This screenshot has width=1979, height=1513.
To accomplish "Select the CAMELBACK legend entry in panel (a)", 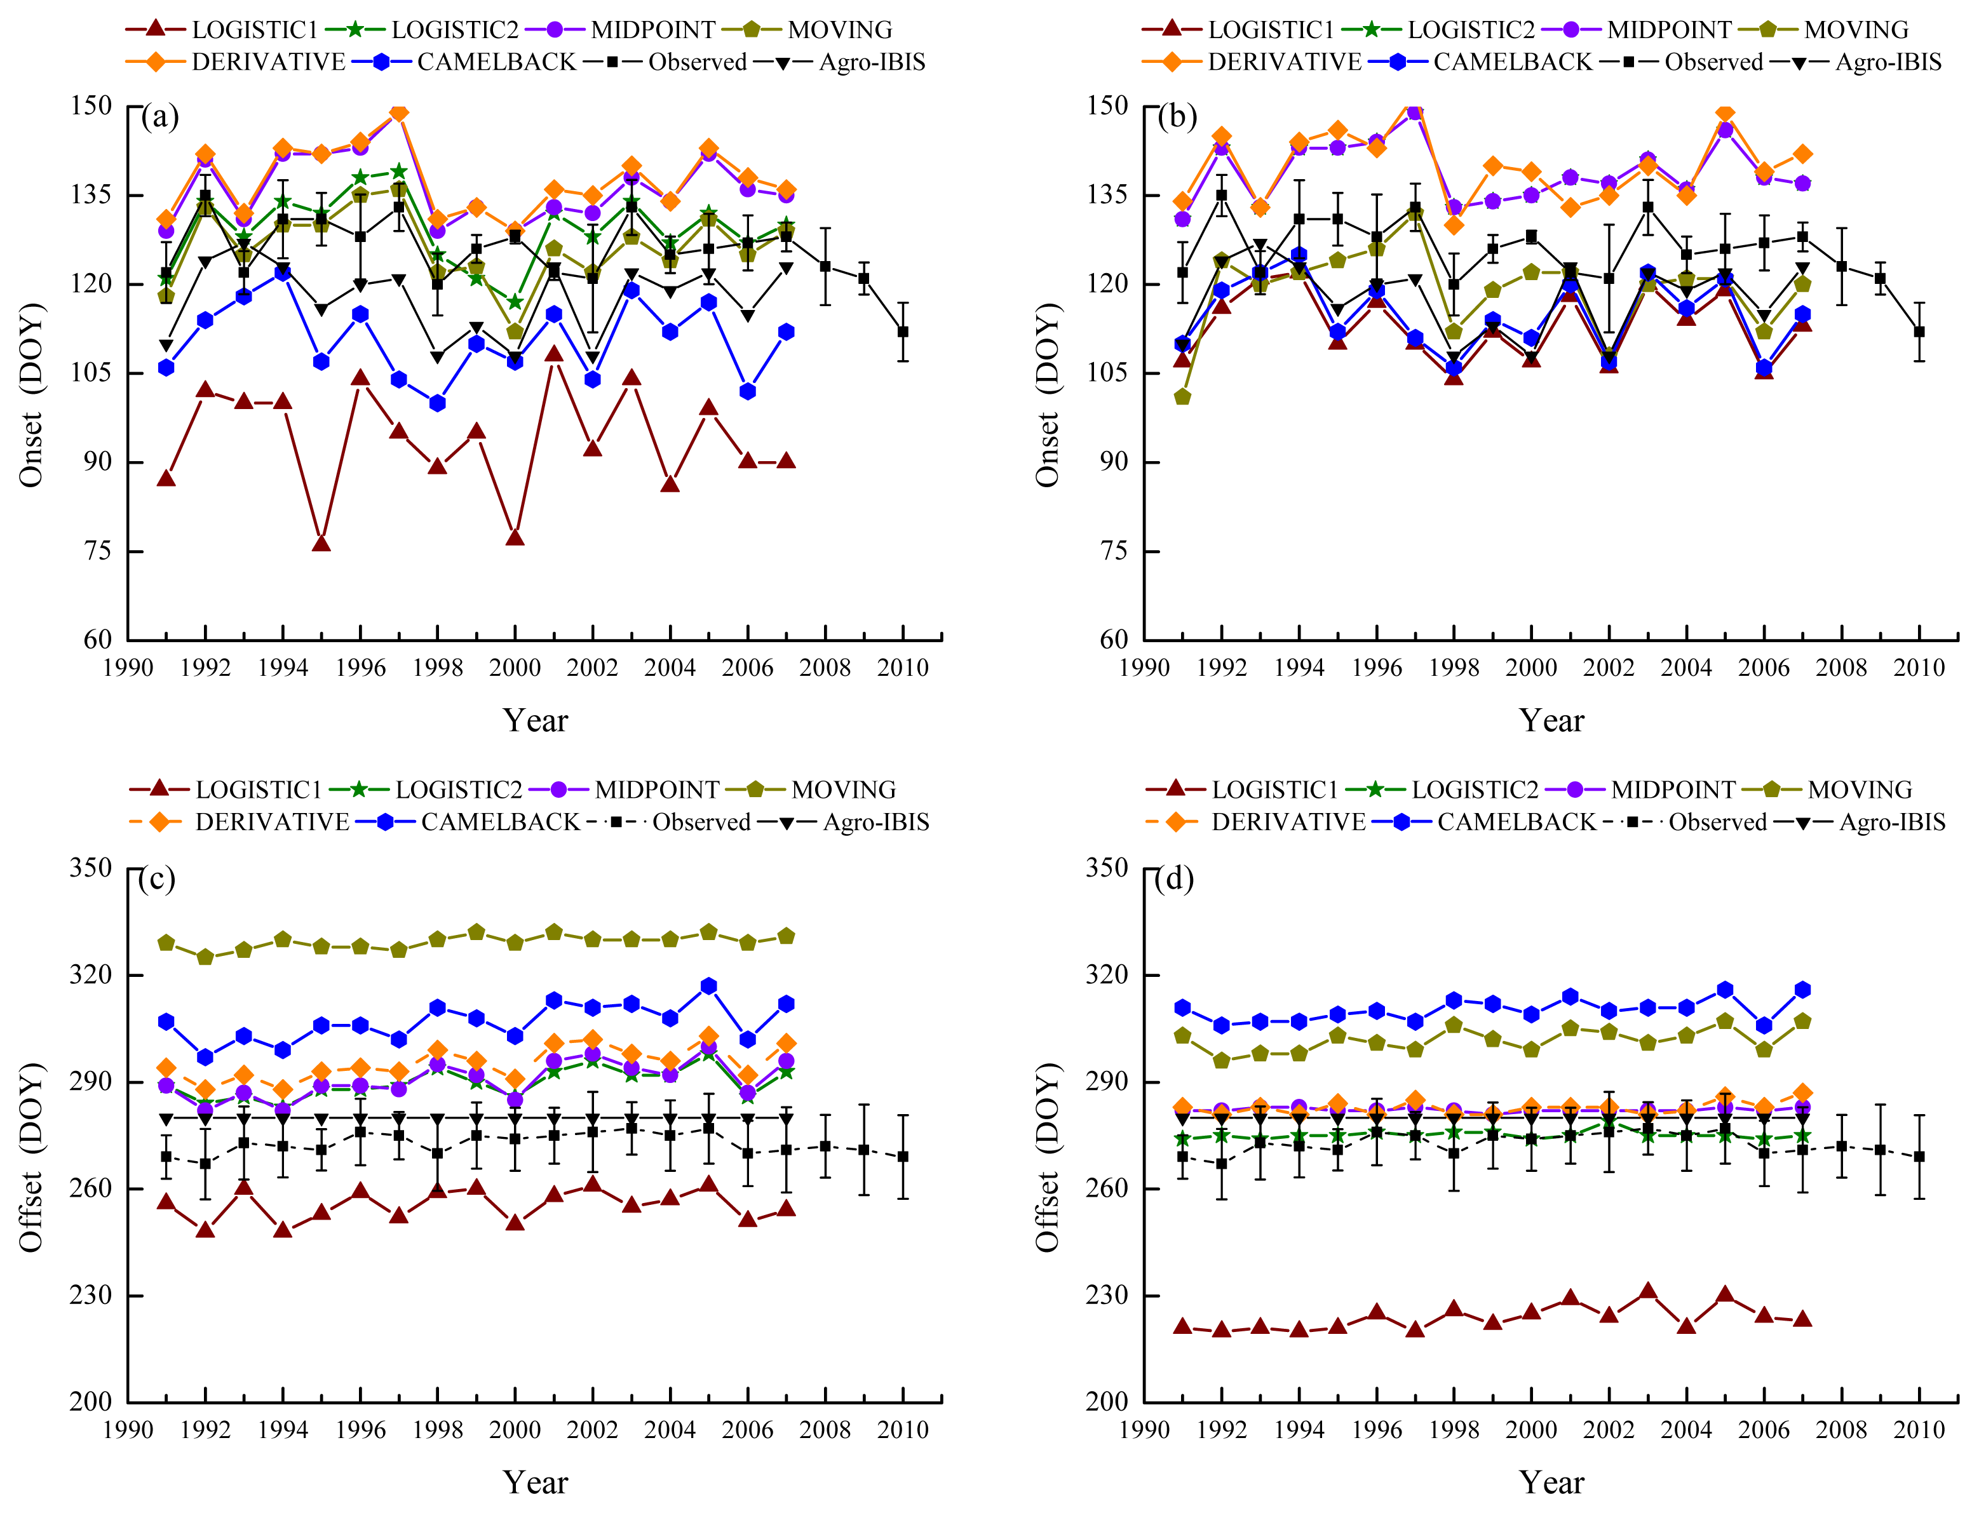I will point(496,62).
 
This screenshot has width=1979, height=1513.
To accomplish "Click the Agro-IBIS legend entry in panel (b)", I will point(1888,62).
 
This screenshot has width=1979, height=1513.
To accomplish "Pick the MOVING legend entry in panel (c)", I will point(843,790).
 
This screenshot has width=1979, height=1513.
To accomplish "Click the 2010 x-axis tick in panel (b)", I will point(1919,668).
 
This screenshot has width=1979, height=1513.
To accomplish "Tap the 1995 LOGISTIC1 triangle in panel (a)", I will point(321,544).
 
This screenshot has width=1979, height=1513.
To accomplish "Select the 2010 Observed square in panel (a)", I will point(903,332).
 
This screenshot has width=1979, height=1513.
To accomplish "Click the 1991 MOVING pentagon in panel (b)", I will point(1183,397).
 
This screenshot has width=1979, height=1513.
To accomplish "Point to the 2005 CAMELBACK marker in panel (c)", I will point(709,986).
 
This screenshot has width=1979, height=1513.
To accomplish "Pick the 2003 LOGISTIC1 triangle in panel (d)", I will point(1647,1291).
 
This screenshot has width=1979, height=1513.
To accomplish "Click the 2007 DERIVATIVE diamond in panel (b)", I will point(1802,154).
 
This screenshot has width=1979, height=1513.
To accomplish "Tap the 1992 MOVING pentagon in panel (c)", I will point(205,957).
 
